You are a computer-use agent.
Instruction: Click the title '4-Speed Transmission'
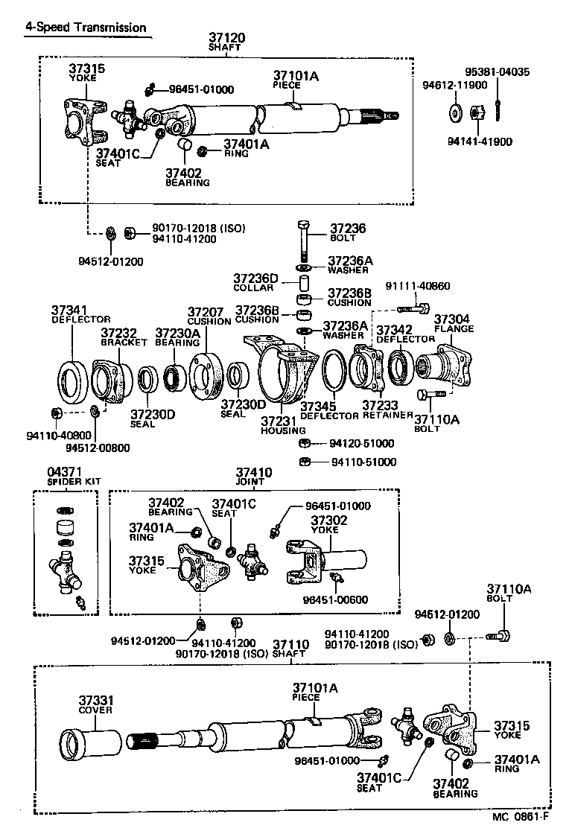(x=86, y=28)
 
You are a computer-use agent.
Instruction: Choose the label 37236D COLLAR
(x=255, y=282)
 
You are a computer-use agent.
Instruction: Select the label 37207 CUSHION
(x=209, y=316)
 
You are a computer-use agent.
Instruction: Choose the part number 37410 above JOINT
(x=254, y=473)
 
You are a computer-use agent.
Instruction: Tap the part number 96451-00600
(x=335, y=599)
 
